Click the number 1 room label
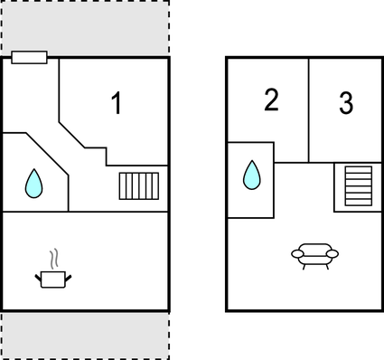click(116, 104)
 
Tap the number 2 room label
click(271, 100)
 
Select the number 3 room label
click(346, 103)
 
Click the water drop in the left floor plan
click(33, 184)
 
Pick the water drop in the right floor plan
click(251, 175)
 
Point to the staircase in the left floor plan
click(139, 185)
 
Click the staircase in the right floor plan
click(357, 185)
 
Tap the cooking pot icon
click(52, 278)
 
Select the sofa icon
click(314, 255)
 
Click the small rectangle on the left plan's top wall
click(30, 58)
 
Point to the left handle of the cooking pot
click(37, 275)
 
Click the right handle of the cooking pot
click(69, 275)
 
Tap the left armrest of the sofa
click(296, 254)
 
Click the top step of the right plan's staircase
click(357, 169)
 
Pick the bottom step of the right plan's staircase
click(357, 203)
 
